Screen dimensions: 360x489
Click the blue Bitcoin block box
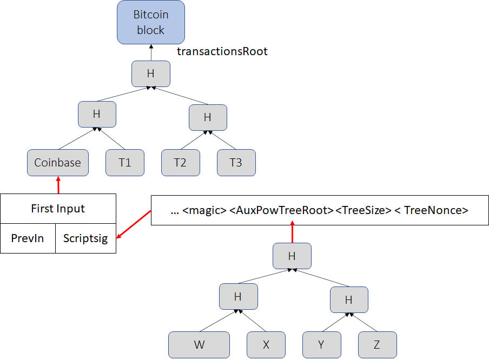point(150,22)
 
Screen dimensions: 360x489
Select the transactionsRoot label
point(222,51)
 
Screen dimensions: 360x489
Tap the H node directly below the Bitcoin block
point(151,74)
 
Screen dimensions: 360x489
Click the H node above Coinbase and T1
point(97,114)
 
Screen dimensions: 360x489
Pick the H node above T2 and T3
point(208,117)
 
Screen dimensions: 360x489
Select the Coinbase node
point(58,163)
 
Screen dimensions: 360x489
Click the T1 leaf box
point(125,163)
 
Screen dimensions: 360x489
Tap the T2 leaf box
point(180,163)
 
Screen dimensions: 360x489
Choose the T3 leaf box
point(236,163)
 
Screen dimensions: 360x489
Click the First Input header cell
point(58,209)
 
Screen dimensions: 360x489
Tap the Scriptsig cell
point(85,238)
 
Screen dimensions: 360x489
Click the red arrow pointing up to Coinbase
point(58,185)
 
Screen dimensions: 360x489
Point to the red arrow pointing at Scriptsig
point(134,225)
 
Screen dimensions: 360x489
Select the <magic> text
point(205,211)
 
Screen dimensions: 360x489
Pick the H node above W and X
point(238,296)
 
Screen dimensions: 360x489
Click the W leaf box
point(199,345)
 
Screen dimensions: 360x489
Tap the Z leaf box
point(377,345)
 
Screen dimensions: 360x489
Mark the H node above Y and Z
point(348,299)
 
